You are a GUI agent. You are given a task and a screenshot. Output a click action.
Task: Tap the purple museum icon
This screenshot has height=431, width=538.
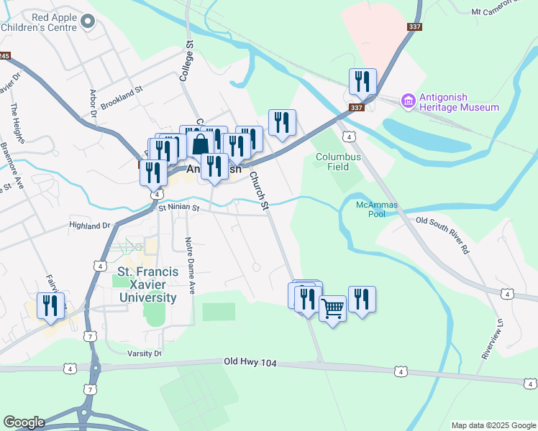409,100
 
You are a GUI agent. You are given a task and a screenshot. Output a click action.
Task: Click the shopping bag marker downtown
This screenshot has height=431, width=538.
201,142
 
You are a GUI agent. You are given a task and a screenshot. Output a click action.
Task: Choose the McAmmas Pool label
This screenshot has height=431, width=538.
371,209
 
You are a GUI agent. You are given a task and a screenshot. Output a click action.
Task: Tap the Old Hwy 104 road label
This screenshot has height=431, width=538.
250,363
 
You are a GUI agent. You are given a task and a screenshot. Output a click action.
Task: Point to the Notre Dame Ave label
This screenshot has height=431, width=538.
191,266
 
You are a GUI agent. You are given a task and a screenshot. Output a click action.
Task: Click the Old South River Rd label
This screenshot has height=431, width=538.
442,235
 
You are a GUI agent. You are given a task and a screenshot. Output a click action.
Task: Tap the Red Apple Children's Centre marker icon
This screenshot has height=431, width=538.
88,22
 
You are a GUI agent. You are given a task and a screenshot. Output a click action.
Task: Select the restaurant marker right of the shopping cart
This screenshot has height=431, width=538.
362,300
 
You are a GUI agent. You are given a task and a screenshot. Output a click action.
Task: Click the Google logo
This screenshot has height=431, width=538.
24,422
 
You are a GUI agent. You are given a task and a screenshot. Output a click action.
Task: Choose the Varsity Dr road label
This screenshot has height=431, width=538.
145,353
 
